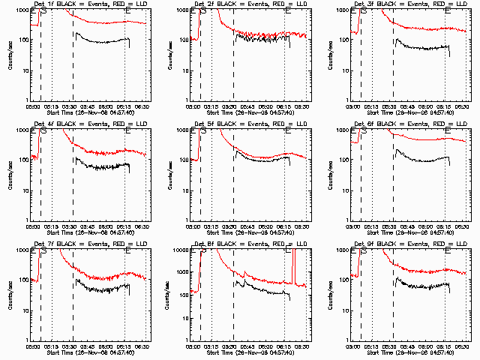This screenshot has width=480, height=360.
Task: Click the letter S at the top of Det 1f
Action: [43, 10]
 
